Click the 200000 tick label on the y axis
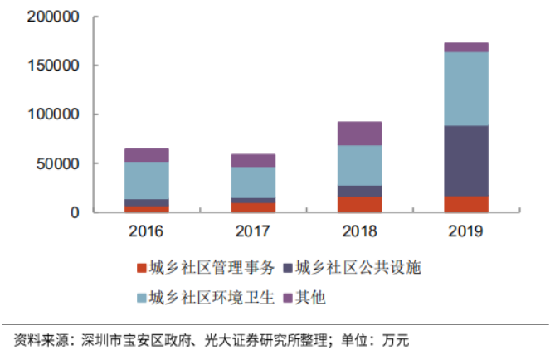(x=54, y=17)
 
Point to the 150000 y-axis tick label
(x=54, y=66)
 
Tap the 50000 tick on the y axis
(x=58, y=163)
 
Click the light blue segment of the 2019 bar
(x=466, y=89)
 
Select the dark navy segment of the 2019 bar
(x=466, y=161)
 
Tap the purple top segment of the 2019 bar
(x=466, y=47)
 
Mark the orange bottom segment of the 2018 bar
(x=360, y=204)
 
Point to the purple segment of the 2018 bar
(x=360, y=134)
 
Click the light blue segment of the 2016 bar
(x=147, y=180)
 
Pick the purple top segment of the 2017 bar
(x=253, y=160)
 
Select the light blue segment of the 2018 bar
(x=360, y=165)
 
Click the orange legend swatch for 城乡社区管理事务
(x=141, y=267)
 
